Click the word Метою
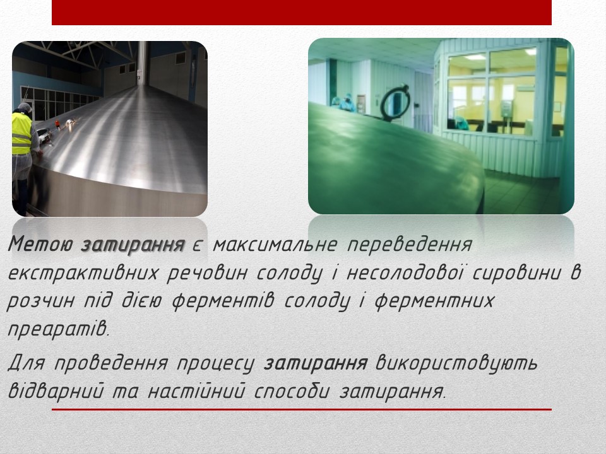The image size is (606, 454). [40, 244]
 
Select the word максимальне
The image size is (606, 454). [275, 244]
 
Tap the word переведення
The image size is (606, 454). [410, 245]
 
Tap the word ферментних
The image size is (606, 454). [434, 301]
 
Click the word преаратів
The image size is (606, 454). [58, 330]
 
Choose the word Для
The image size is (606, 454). [27, 364]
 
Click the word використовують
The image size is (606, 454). [456, 364]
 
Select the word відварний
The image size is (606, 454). [56, 391]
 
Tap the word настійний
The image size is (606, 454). [197, 391]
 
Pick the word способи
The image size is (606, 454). [292, 391]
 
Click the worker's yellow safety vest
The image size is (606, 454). [21, 134]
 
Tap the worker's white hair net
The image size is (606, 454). [24, 108]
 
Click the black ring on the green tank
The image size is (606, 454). [395, 103]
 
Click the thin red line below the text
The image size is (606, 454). [302, 409]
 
